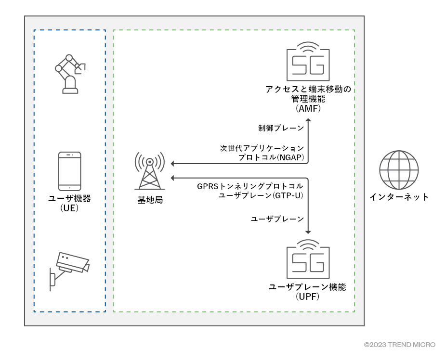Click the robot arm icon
tap(70, 73)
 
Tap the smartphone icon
tap(69, 171)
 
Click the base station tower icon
tap(150, 171)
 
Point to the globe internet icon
tap(398, 169)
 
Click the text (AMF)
tap(308, 109)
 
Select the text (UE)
tap(69, 208)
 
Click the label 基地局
tap(150, 200)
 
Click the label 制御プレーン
tap(281, 128)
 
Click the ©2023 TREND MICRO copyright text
tap(399, 345)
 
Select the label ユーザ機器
tap(69, 198)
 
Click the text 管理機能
tap(308, 99)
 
